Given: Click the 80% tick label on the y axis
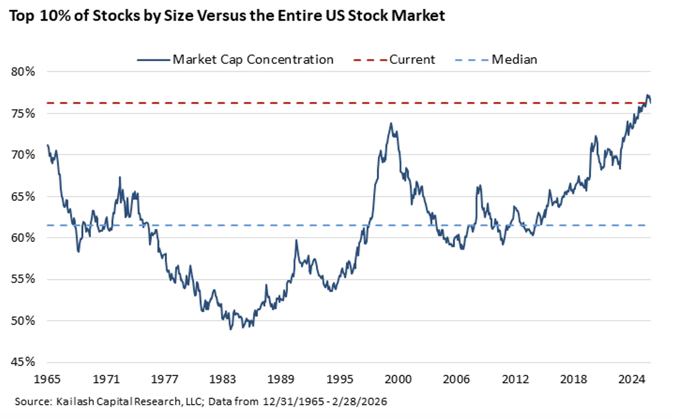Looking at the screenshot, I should tap(23, 71).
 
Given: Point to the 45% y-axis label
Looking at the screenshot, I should tap(23, 362).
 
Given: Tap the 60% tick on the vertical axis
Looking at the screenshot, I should tap(23, 238).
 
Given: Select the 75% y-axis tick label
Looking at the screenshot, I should tap(23, 113).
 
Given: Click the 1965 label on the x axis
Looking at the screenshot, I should tap(47, 379).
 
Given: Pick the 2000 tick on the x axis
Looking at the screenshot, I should tap(398, 379).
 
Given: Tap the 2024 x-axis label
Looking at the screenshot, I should tap(632, 379).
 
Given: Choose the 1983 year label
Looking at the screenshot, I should tap(223, 379).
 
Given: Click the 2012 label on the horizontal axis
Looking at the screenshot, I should tap(515, 379).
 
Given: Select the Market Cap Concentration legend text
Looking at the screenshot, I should tap(253, 59).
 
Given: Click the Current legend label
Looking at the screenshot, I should tap(412, 59).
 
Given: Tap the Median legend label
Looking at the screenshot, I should tap(514, 59).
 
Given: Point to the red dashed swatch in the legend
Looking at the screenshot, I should tap(370, 60).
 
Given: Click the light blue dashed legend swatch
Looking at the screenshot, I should tap(471, 60).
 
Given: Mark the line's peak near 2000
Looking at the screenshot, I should tap(391, 123).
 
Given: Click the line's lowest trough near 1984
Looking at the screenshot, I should tap(231, 329).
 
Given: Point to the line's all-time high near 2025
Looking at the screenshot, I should tap(647, 95).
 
